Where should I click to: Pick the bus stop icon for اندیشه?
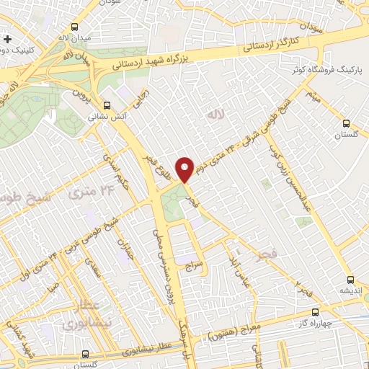pos(350,280)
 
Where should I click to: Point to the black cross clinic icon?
pos(7,38)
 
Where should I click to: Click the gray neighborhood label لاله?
pos(212,115)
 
